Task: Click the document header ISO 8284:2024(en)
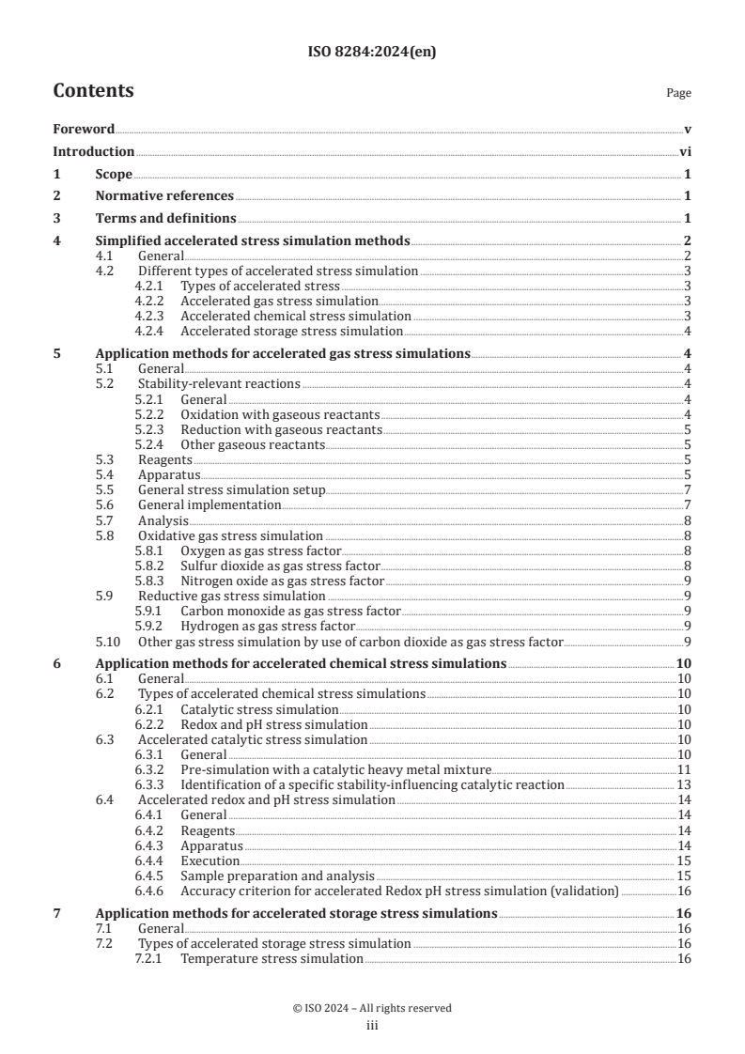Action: (x=372, y=53)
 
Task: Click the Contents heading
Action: (x=93, y=91)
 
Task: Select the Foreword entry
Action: (x=84, y=129)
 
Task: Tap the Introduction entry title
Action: (x=93, y=151)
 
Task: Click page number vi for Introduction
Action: (x=685, y=151)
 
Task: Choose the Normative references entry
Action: (x=164, y=195)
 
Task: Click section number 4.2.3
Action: (x=150, y=317)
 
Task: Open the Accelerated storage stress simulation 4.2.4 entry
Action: (x=291, y=331)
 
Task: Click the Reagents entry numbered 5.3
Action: (x=164, y=459)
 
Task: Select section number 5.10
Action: (x=109, y=642)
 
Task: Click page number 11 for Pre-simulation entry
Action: (x=684, y=769)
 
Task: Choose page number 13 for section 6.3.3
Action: (x=684, y=784)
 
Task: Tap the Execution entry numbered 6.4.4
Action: (x=210, y=860)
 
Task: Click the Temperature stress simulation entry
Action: (x=272, y=958)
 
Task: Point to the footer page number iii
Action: (x=372, y=1026)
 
